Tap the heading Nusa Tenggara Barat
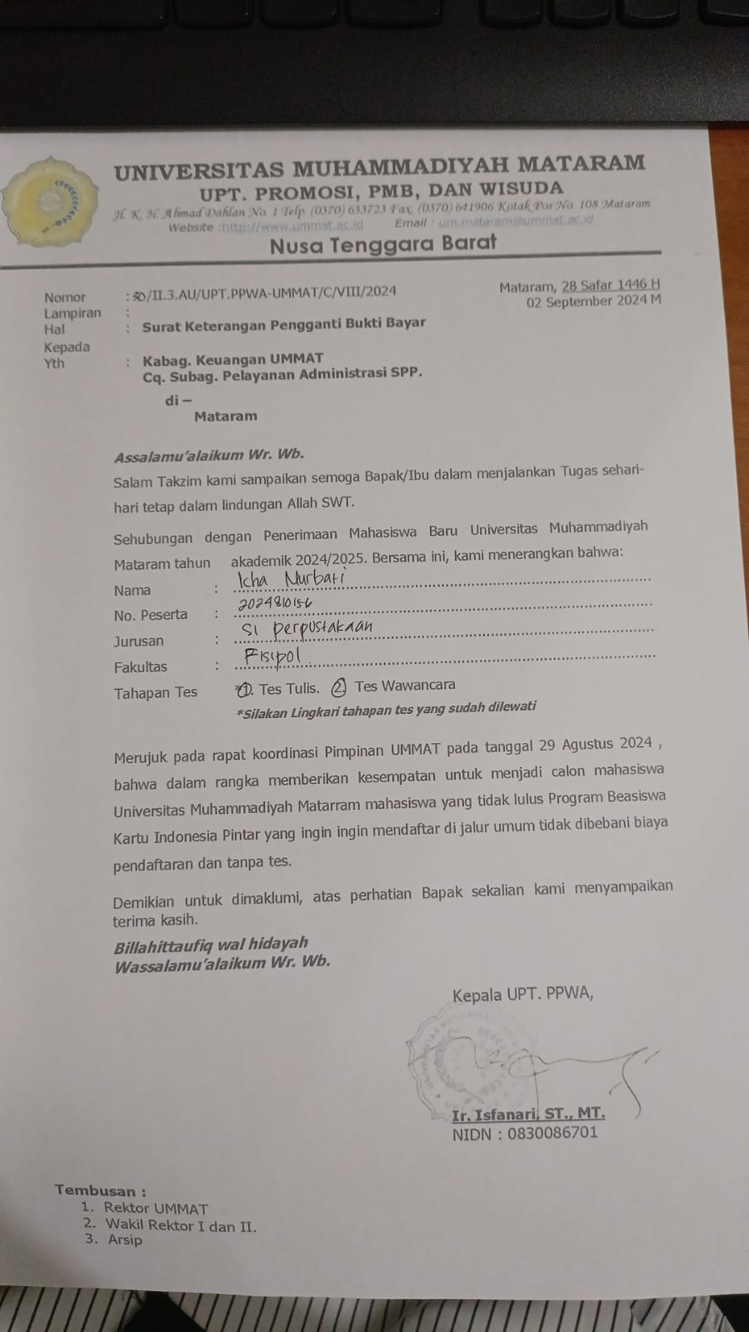(382, 244)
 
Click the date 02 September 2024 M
(593, 302)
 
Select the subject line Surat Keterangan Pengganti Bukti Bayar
(283, 324)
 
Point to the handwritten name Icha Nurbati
(290, 578)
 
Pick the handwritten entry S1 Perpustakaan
(306, 628)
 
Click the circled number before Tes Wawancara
(338, 687)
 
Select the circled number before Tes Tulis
(244, 689)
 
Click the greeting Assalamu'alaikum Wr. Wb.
(209, 455)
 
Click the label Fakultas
(140, 667)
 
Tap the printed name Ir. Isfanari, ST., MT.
(528, 1115)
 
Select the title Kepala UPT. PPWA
(522, 995)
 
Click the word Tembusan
(100, 1190)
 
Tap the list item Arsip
(125, 1240)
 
